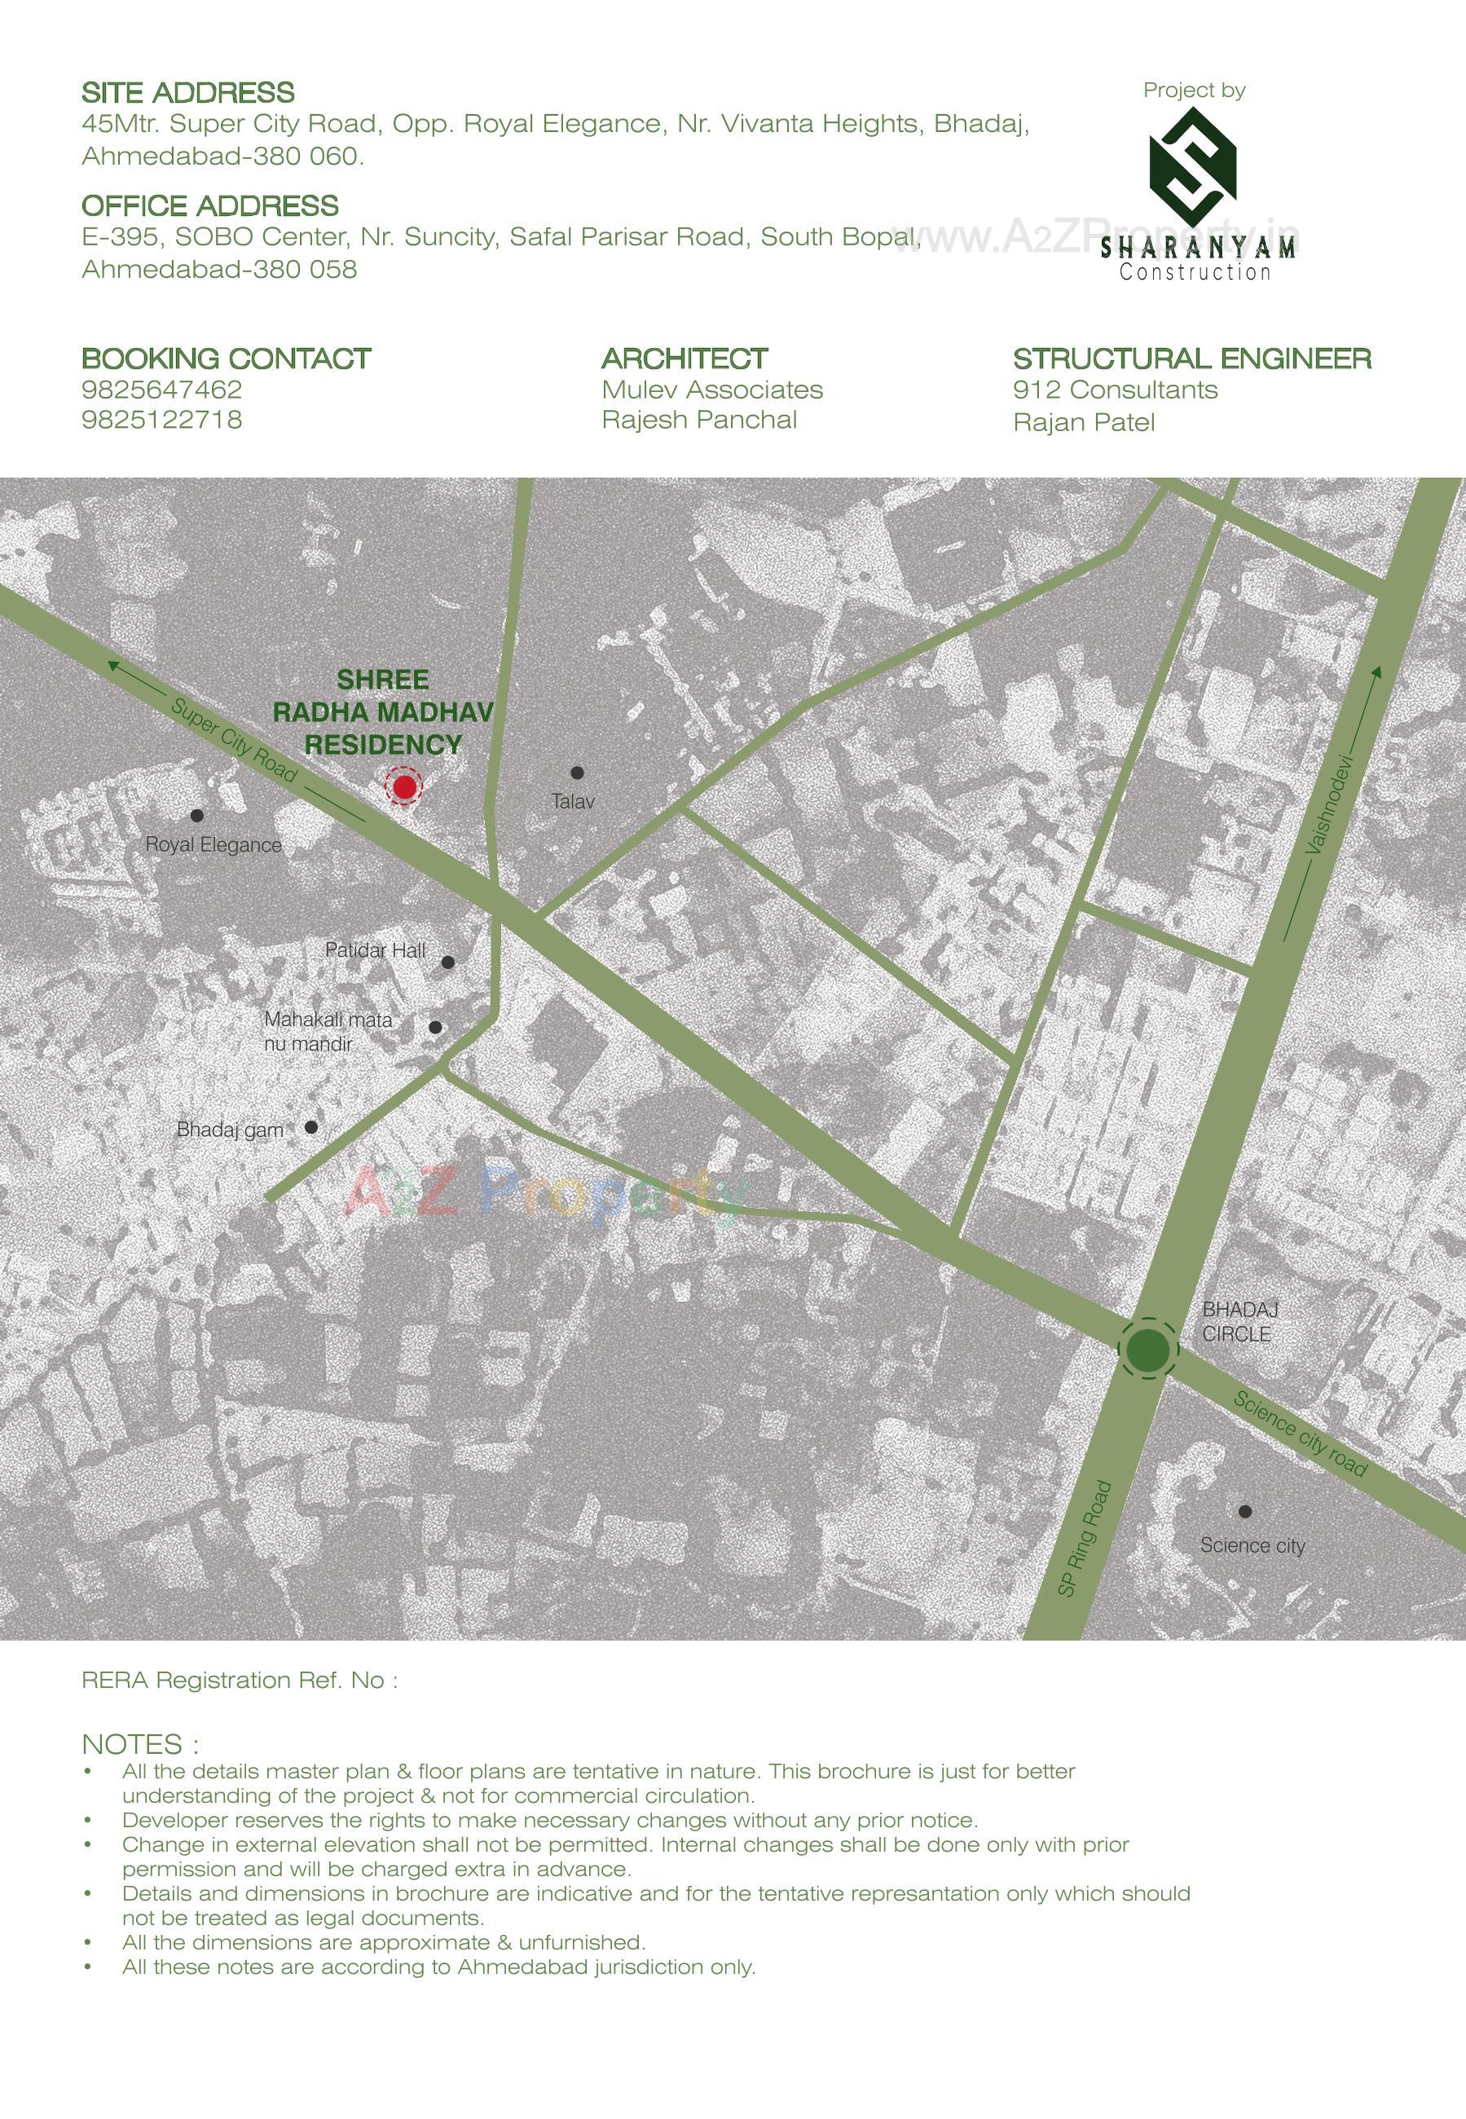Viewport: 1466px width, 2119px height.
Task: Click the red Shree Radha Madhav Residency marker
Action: click(404, 787)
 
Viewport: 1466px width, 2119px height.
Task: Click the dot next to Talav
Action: click(577, 773)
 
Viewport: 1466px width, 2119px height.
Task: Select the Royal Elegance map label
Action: click(214, 845)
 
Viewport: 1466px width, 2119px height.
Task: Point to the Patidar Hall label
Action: click(375, 949)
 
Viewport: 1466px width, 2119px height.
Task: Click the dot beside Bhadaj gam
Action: click(311, 1127)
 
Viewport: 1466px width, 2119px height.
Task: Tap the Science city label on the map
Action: click(1252, 1546)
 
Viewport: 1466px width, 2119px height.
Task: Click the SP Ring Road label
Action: click(1085, 1539)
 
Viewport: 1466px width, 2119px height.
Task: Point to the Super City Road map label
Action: click(234, 740)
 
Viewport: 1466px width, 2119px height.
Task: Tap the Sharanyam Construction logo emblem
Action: click(1193, 167)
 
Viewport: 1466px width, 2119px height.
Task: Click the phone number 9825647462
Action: click(161, 390)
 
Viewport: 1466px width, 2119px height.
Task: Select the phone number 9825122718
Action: click(161, 420)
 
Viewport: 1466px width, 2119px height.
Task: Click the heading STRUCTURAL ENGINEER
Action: click(1191, 359)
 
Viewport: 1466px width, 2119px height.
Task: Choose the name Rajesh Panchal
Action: click(699, 420)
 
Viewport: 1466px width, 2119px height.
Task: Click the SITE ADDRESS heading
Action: click(188, 93)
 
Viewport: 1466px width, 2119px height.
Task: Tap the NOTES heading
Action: click(139, 1744)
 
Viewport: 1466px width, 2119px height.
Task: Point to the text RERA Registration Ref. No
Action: click(239, 1680)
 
